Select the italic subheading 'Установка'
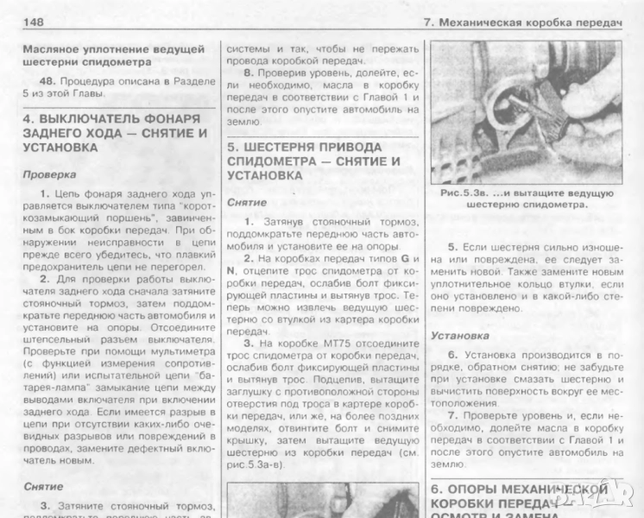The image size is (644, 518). point(462,335)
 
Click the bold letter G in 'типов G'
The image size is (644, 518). point(403,258)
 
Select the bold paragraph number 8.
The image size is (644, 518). point(246,73)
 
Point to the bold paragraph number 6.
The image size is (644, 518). point(452,355)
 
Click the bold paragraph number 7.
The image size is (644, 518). point(452,414)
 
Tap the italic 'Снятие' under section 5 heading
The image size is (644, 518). point(247,203)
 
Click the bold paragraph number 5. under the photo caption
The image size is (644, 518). point(453,246)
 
